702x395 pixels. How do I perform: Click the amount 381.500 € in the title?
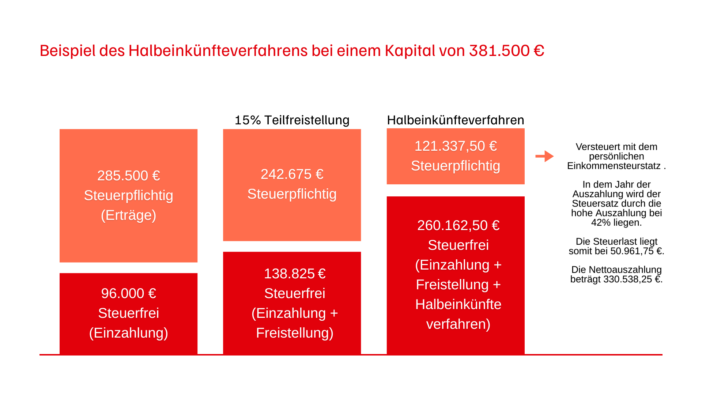point(506,50)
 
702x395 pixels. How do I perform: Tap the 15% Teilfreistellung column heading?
point(292,120)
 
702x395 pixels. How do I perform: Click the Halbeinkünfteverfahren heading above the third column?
point(455,120)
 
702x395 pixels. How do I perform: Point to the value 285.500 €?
point(128,176)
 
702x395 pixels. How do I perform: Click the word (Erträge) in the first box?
point(128,215)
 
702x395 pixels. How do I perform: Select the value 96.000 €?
point(128,293)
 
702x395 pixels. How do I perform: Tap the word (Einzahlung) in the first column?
point(128,333)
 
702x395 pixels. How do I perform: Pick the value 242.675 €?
point(292,174)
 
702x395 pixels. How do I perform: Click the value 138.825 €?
point(295,274)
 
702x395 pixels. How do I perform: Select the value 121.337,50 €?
point(455,146)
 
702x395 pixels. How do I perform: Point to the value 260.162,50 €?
point(458,225)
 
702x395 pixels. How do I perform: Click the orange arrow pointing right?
point(544,156)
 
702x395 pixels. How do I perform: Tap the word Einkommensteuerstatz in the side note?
point(614,166)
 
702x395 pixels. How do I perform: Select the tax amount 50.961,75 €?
point(637,251)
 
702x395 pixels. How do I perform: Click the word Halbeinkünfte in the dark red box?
point(458,304)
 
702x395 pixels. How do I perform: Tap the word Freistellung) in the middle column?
point(295,333)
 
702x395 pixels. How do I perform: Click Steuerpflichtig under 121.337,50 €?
point(455,166)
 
